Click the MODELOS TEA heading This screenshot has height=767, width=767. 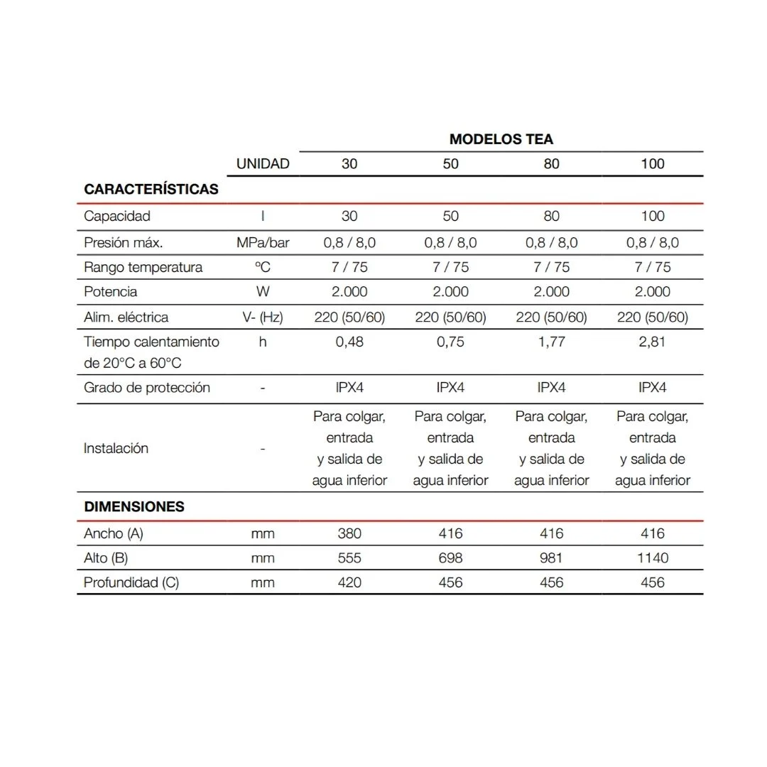(501, 139)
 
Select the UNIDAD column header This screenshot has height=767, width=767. (263, 164)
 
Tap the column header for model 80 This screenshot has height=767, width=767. (551, 164)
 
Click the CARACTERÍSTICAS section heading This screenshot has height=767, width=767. (151, 190)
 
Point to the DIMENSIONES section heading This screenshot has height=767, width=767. (134, 507)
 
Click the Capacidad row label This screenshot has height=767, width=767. (117, 216)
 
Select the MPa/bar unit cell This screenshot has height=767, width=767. (263, 243)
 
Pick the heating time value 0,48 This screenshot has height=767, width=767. (349, 342)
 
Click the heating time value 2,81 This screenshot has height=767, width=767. (652, 342)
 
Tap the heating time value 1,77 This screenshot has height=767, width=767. (551, 342)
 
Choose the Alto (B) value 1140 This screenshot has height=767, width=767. (652, 558)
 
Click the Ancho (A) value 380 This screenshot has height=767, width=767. (349, 533)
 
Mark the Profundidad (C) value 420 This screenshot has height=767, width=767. (349, 583)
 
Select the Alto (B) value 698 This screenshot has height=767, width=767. (450, 558)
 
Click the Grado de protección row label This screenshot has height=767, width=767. (147, 388)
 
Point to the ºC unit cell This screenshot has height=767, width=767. (263, 268)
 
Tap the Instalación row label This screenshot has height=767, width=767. (116, 449)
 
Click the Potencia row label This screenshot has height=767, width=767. (111, 292)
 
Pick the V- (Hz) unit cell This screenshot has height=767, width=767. (263, 317)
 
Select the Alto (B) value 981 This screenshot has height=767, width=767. (551, 558)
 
